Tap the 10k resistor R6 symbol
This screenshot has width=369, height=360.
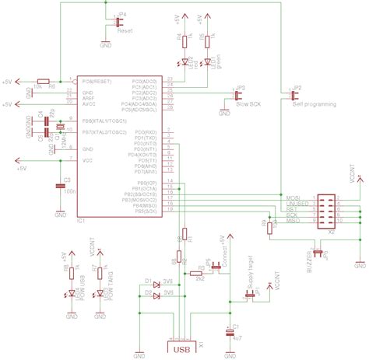(44, 81)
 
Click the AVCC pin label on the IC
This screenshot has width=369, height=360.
(89, 104)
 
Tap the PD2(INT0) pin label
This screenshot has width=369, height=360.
(146, 144)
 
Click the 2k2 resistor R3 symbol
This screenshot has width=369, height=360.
(200, 273)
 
